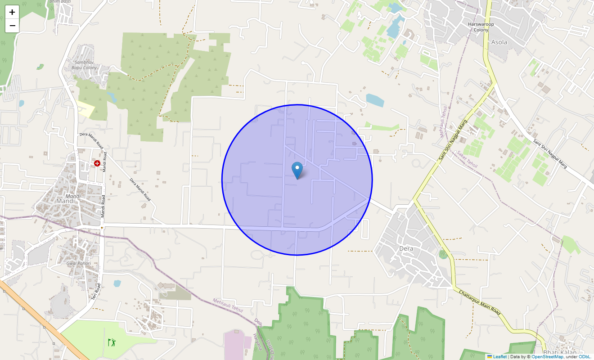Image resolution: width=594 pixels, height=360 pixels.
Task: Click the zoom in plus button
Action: click(x=12, y=12)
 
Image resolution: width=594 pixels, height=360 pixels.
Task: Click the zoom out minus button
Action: click(x=12, y=26)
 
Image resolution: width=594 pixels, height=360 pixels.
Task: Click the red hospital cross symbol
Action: click(x=97, y=163)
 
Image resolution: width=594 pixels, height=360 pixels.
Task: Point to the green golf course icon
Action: click(x=112, y=342)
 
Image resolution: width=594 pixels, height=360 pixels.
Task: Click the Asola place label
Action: click(x=499, y=42)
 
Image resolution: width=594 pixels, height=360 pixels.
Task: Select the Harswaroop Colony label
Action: click(x=481, y=27)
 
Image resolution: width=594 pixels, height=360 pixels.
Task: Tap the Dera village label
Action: click(x=406, y=248)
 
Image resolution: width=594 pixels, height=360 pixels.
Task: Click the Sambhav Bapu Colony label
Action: click(x=85, y=65)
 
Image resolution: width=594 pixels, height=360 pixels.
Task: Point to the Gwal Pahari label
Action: click(x=79, y=263)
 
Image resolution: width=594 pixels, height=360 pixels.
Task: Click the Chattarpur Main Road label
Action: click(x=480, y=302)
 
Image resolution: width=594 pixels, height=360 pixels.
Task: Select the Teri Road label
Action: click(x=95, y=291)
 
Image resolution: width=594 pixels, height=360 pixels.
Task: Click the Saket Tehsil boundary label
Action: click(x=467, y=159)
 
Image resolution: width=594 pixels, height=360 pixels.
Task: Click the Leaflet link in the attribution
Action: click(x=499, y=357)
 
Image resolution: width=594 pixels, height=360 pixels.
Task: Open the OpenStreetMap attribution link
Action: click(x=547, y=357)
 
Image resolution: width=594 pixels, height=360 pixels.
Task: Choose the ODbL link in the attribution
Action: click(x=584, y=357)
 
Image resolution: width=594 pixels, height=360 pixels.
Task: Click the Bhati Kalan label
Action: click(x=559, y=352)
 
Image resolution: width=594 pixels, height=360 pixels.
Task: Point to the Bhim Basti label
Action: click(x=60, y=2)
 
